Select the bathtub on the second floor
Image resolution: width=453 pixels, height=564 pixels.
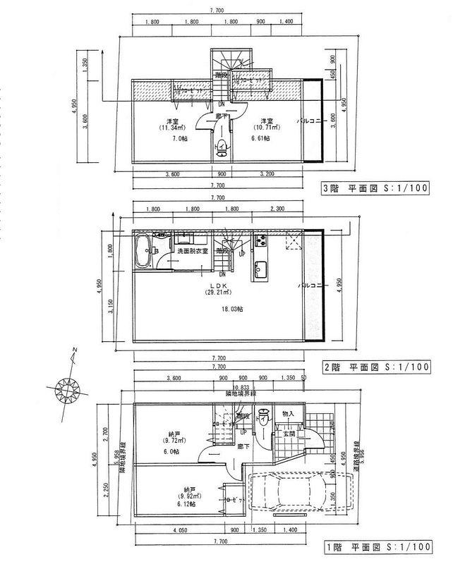coord(143,252)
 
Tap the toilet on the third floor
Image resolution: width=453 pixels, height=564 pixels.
coord(222,149)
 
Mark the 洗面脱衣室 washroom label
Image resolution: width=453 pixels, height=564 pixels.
coord(190,251)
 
